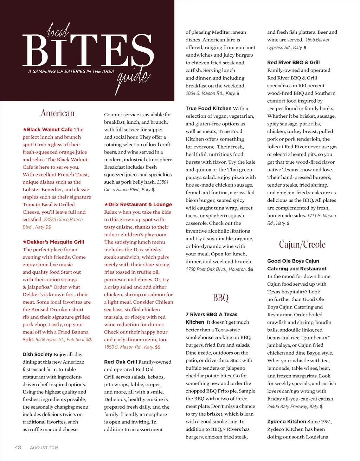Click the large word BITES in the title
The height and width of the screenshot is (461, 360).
pos(88,51)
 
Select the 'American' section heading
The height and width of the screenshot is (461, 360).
pos(58,113)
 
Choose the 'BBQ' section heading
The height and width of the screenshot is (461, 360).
pos(221,298)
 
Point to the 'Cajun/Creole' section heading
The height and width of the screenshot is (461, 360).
pos(302,245)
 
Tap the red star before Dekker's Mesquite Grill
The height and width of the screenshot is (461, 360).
pos(25,242)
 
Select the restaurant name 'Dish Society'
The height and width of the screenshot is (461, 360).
pos(37,355)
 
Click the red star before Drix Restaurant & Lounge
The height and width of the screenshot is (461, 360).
pos(106,204)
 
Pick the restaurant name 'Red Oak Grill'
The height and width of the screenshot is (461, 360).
pos(121,362)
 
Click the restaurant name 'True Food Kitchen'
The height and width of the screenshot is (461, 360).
pos(208,108)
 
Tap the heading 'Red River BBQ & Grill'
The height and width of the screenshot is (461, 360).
pos(293,63)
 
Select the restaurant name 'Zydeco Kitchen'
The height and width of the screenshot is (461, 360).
pos(287,422)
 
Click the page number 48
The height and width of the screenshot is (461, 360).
pos(18,448)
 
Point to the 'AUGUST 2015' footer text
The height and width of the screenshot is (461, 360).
pos(44,448)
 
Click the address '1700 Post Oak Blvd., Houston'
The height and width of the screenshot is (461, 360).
pos(216,269)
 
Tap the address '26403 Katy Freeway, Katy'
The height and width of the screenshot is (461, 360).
pos(292,407)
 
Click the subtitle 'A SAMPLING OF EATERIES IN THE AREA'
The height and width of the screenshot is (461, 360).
pos(71,71)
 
